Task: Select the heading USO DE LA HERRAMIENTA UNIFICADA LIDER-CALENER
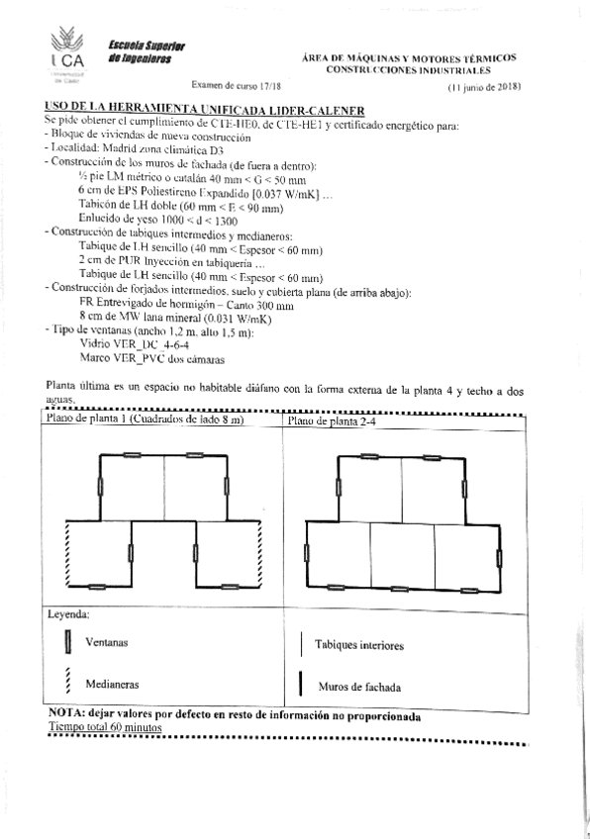pos(206,109)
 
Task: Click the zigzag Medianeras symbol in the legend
pos(67,682)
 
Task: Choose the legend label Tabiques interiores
pos(358,645)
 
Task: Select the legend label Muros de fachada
pos(359,686)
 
